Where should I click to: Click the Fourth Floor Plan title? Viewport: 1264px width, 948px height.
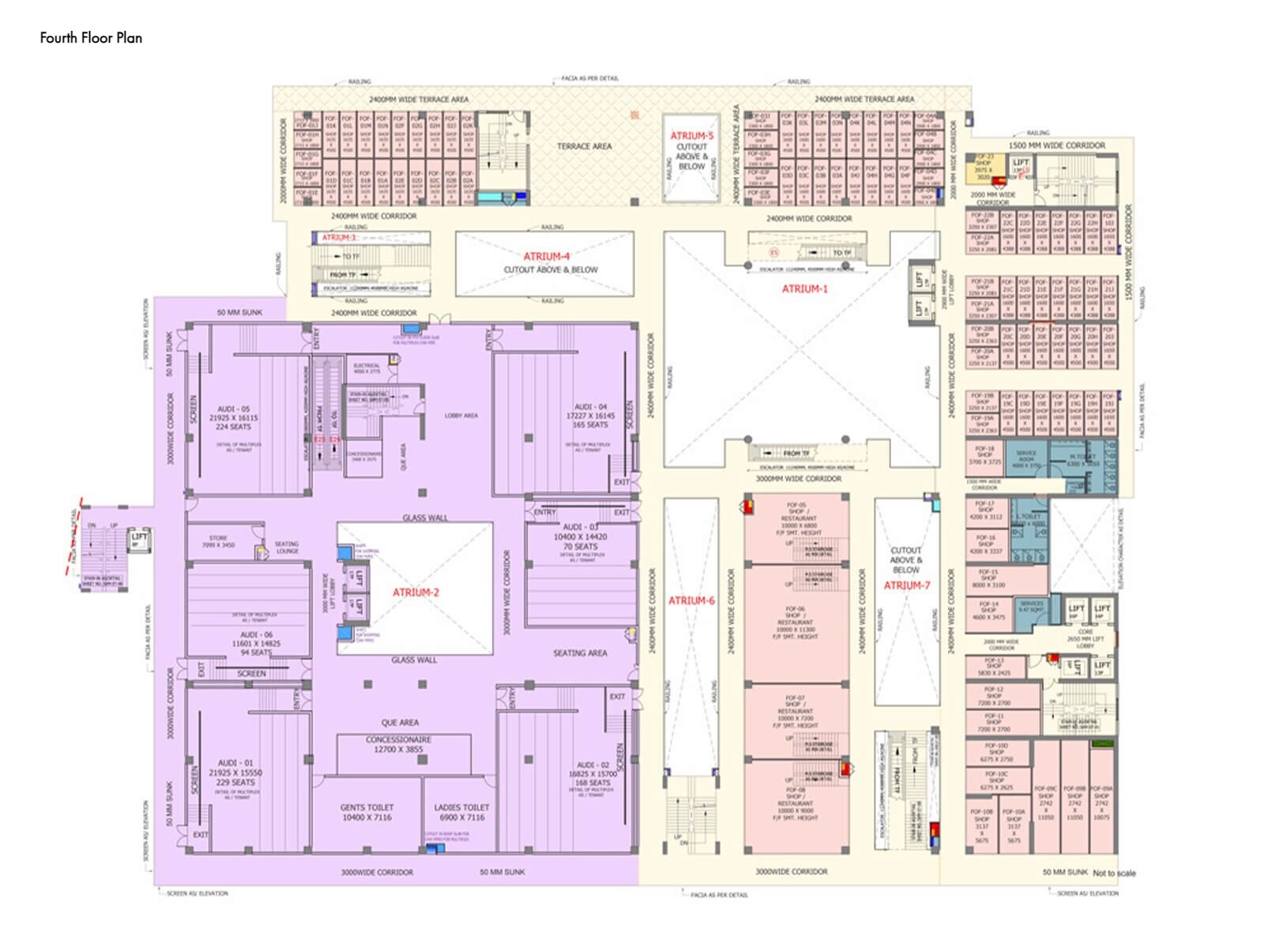(91, 38)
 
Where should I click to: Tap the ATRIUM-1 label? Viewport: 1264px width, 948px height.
(804, 289)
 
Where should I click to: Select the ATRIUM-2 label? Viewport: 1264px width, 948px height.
(416, 592)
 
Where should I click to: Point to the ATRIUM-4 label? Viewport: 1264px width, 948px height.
(546, 257)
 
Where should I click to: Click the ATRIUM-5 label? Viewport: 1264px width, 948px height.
(691, 136)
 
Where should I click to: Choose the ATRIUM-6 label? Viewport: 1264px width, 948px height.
(691, 601)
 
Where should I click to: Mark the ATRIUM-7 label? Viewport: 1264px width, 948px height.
(907, 585)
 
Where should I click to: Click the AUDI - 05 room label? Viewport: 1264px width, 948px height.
(235, 409)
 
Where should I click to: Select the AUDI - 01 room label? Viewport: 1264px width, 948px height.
(235, 764)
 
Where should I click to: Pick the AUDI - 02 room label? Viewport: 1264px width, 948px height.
(592, 766)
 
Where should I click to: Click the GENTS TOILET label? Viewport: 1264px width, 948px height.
(367, 808)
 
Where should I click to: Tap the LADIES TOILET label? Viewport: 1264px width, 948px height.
(461, 808)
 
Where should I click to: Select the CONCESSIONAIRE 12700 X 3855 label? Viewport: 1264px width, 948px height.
(398, 744)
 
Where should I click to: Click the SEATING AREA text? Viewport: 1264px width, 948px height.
(580, 653)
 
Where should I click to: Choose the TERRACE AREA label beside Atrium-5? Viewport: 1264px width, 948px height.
(584, 147)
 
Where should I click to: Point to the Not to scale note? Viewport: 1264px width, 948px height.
(1114, 874)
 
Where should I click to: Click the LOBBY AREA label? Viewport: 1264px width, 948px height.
(461, 416)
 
